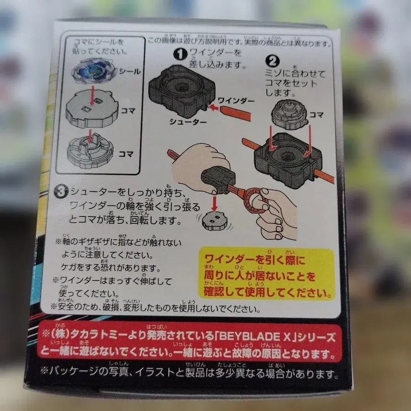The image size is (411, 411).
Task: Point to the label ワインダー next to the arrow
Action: (236, 100)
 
